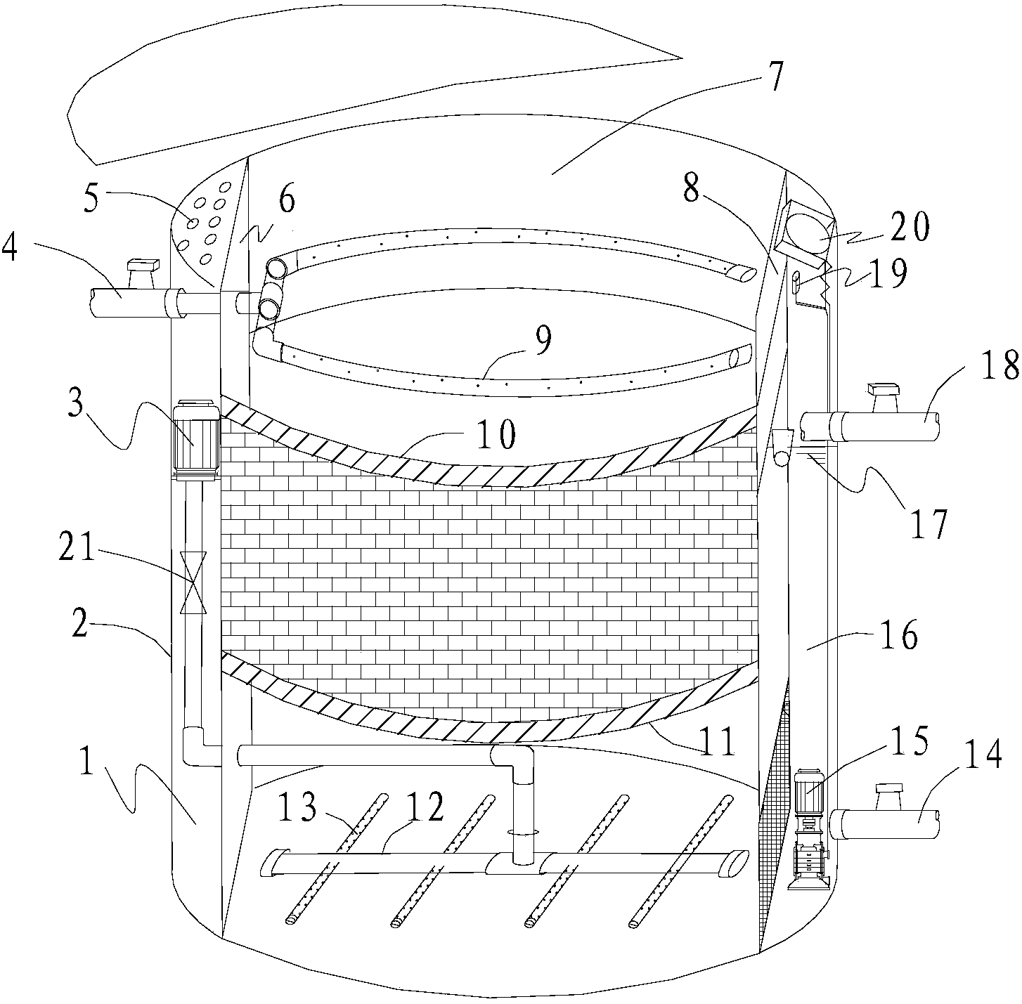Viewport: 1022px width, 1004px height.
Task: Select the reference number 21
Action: coord(78,549)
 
